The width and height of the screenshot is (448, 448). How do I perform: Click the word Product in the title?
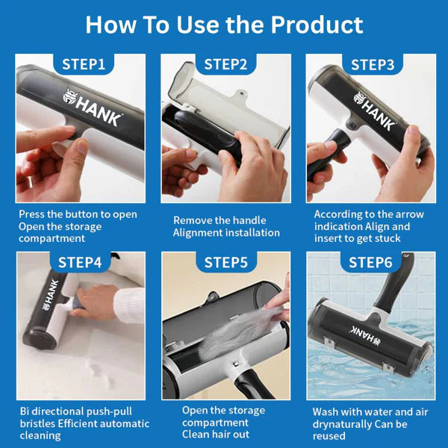click(x=317, y=25)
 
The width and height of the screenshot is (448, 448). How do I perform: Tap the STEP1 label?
click(x=84, y=64)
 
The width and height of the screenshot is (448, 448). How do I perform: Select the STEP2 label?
click(x=225, y=64)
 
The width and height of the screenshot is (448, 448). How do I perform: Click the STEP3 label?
click(x=373, y=64)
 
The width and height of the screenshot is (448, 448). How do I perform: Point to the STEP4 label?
click(x=80, y=263)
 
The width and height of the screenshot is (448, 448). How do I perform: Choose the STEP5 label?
click(x=226, y=263)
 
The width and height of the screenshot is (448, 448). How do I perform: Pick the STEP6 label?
click(x=370, y=263)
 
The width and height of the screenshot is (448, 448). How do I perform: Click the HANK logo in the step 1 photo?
click(x=93, y=107)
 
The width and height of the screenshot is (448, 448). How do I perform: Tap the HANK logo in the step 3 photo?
click(x=374, y=111)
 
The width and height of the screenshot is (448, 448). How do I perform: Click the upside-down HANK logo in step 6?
click(x=366, y=335)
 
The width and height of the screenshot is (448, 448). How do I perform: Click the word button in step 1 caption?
click(x=87, y=214)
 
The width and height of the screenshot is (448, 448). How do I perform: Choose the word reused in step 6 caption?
click(x=329, y=436)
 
